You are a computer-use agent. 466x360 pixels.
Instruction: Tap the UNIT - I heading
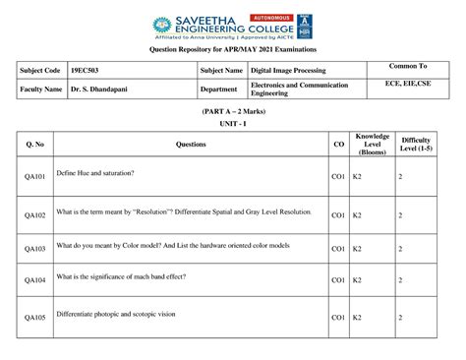(232, 126)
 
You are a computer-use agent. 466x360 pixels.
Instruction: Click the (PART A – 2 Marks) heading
(232, 114)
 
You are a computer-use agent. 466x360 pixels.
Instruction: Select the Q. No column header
(35, 145)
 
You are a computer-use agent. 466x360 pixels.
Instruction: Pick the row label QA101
(35, 176)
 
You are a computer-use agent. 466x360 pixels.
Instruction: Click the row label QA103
(35, 249)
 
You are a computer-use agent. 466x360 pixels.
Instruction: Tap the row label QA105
(35, 318)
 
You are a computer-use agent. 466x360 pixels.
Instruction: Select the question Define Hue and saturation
(95, 173)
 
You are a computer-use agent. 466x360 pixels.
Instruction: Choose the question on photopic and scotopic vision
(116, 315)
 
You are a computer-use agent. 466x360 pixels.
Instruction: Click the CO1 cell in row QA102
(337, 212)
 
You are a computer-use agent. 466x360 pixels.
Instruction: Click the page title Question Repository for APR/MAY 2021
(232, 47)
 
